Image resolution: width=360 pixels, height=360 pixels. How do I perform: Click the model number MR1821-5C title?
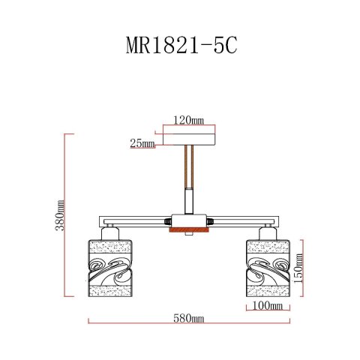point(180,46)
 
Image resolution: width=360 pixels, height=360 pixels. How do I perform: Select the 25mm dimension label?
point(141,142)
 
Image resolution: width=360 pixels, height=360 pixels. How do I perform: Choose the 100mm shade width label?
point(268,306)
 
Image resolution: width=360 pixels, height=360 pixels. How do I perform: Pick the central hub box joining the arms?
point(187,222)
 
